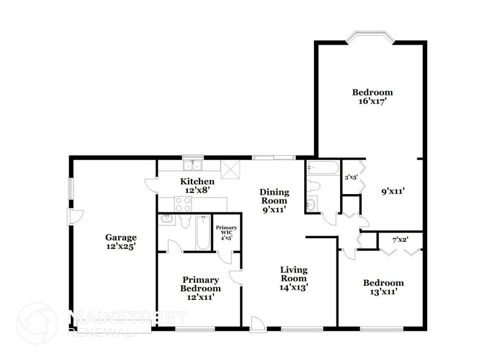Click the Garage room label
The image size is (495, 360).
pos(120,242)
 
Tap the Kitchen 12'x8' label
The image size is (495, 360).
pos(196,186)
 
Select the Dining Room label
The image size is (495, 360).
pos(275,201)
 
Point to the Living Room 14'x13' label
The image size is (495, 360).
pos(294,278)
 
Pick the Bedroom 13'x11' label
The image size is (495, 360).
pos(383,287)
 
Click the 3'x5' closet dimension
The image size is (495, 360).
pos(351,178)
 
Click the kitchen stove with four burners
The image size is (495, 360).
pos(183,204)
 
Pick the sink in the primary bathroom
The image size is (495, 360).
pos(167,220)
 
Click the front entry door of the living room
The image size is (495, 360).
pos(258,325)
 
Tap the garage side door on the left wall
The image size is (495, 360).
pos(75,216)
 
